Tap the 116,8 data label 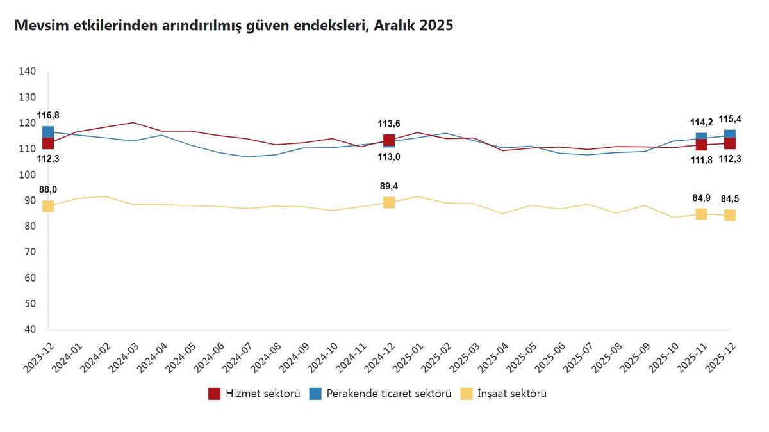[x=48, y=115]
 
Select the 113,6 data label [x=389, y=124]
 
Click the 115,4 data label [x=730, y=119]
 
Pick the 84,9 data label [x=701, y=197]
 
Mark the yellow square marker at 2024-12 [x=389, y=202]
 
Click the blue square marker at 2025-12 [x=730, y=134]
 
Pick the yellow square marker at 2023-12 [x=48, y=206]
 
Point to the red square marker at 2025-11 [x=702, y=145]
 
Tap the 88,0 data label [x=48, y=189]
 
